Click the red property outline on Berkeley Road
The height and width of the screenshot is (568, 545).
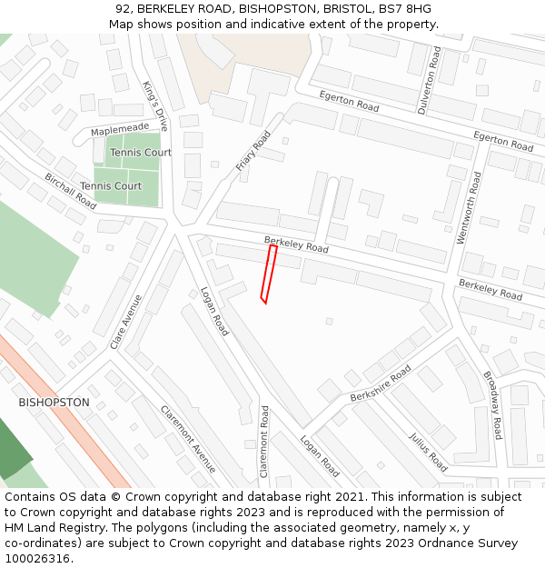[269, 273]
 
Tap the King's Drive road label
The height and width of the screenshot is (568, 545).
[155, 106]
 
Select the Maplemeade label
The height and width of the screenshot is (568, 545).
[120, 131]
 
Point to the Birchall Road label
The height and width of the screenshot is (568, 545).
[70, 192]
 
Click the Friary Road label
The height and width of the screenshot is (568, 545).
[253, 151]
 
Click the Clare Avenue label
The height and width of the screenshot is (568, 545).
[126, 321]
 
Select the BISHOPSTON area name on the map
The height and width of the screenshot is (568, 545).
[54, 402]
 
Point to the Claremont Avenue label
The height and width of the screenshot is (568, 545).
[189, 439]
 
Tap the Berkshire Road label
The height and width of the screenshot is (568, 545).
[381, 384]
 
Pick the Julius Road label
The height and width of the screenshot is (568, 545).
[428, 452]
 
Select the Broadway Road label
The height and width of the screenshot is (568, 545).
[491, 405]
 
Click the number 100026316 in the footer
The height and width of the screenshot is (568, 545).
[38, 559]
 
